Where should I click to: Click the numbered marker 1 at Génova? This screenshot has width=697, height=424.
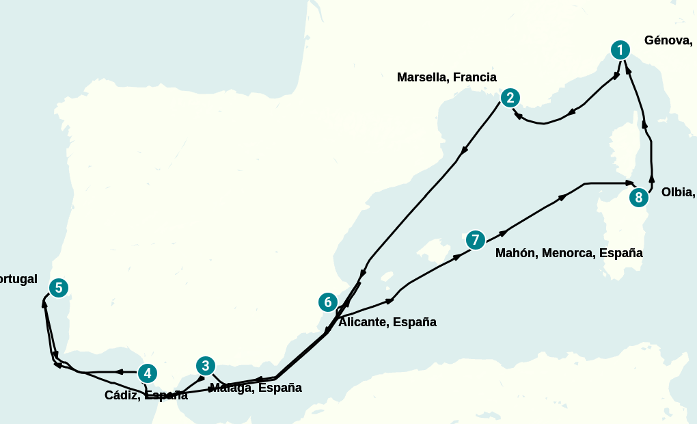tap(620, 50)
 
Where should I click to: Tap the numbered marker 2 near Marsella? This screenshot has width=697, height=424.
tap(510, 98)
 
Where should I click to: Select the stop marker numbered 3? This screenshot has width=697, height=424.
tap(205, 366)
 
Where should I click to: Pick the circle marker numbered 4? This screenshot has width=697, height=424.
tap(147, 373)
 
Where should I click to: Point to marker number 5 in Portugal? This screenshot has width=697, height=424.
tap(59, 288)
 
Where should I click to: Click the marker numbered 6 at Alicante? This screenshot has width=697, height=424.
tap(328, 302)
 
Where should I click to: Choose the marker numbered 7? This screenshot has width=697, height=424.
tap(475, 240)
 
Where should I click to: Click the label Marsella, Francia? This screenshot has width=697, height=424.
tap(446, 77)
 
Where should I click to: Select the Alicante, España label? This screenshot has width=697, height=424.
tap(387, 322)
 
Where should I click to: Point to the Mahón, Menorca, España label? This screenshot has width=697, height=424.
tap(569, 253)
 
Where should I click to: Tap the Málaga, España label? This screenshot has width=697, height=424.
tap(256, 388)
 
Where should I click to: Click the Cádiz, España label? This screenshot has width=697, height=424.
tap(146, 395)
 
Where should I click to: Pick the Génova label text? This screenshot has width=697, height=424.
tap(668, 40)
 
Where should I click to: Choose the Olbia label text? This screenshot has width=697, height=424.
tap(678, 192)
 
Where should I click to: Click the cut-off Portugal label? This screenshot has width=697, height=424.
tap(18, 279)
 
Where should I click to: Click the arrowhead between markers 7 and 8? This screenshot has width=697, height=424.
tap(562, 197)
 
